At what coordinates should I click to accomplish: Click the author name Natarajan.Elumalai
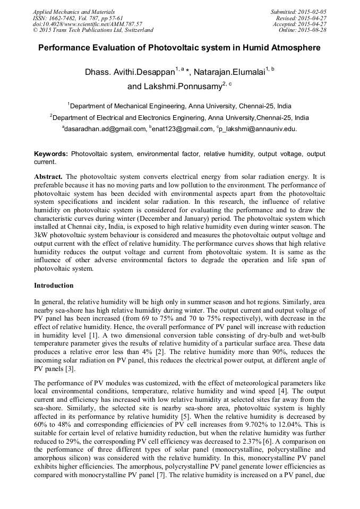(x=231, y=72)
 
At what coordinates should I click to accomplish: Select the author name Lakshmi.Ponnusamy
(x=182, y=86)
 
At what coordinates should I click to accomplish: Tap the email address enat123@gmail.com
(x=182, y=129)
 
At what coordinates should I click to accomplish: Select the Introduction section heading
(x=54, y=286)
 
